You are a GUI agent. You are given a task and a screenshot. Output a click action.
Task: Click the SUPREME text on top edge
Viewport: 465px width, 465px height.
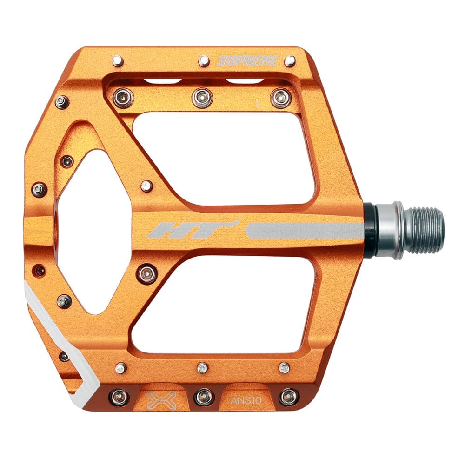click(248, 61)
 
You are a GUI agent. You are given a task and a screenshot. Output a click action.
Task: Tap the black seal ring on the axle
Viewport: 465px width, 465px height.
click(370, 230)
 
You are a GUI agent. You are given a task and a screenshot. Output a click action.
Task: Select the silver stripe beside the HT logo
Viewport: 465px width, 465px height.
click(305, 230)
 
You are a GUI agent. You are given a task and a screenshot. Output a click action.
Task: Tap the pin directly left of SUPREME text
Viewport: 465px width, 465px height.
click(204, 61)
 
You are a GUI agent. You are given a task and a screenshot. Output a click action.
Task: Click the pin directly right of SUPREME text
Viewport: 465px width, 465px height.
click(290, 61)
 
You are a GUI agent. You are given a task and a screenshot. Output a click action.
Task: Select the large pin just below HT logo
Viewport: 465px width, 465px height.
click(147, 274)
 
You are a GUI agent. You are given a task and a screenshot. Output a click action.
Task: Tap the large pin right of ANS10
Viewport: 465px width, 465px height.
click(288, 397)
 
